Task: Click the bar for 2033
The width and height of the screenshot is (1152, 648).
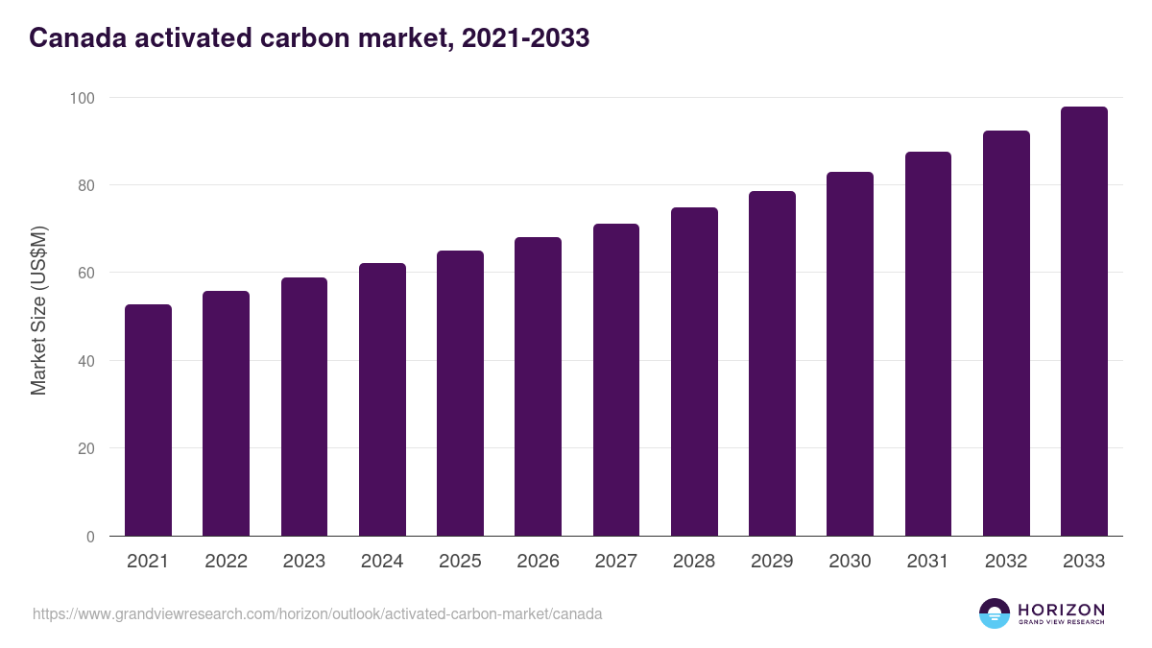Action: pos(1084,322)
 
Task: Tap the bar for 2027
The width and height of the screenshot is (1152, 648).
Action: pos(616,380)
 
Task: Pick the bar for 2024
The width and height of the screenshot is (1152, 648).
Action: pos(382,399)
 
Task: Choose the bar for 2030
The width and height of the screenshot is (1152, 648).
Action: pos(850,354)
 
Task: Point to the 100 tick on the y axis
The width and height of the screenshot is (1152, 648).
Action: pos(83,98)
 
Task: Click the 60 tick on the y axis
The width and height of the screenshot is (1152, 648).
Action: pos(86,274)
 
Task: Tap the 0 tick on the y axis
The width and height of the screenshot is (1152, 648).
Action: pos(90,537)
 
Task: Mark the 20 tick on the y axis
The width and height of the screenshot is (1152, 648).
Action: pos(86,448)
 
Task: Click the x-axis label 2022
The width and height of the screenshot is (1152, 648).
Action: pos(226,562)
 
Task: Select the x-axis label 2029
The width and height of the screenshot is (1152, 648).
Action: pos(772,562)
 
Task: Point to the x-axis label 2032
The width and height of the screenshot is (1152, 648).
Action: pos(1006,562)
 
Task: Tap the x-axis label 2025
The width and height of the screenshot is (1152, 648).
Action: pos(460,562)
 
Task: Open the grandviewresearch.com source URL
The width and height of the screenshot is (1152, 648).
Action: pos(317,613)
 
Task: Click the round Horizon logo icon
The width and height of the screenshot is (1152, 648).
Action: pos(995,613)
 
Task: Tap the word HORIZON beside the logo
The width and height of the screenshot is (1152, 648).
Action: pos(1061,610)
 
